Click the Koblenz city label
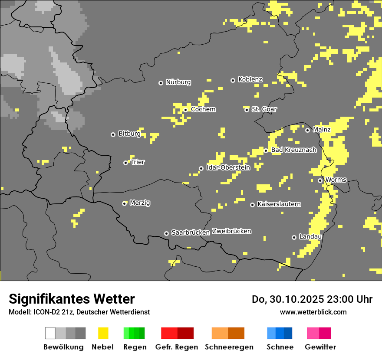coord(250,79)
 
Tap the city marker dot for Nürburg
coord(161,83)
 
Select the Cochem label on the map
coord(203,109)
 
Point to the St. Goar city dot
coord(247,110)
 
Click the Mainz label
coord(322,130)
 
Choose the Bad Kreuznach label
coord(293,150)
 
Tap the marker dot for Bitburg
coord(113,134)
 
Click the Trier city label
coord(138,162)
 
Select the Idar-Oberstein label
coord(228,167)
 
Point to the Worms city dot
coord(320,180)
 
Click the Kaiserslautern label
coord(279,204)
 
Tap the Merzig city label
coord(140,203)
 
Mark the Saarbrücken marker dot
coord(166,233)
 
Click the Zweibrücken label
coord(231,231)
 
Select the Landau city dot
coord(294,237)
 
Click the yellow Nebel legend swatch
coord(103,333)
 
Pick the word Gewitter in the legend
coord(320,347)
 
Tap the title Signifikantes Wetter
coord(72,299)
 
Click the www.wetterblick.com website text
coord(313,312)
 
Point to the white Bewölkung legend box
coord(50,333)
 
